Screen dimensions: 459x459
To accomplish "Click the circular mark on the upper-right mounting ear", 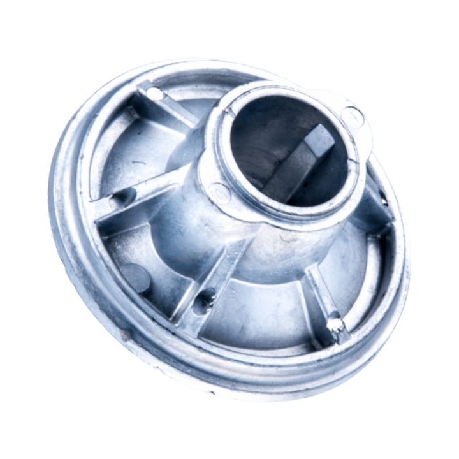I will tap(353, 115).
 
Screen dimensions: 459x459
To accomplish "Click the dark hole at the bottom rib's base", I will tap(205, 296).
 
